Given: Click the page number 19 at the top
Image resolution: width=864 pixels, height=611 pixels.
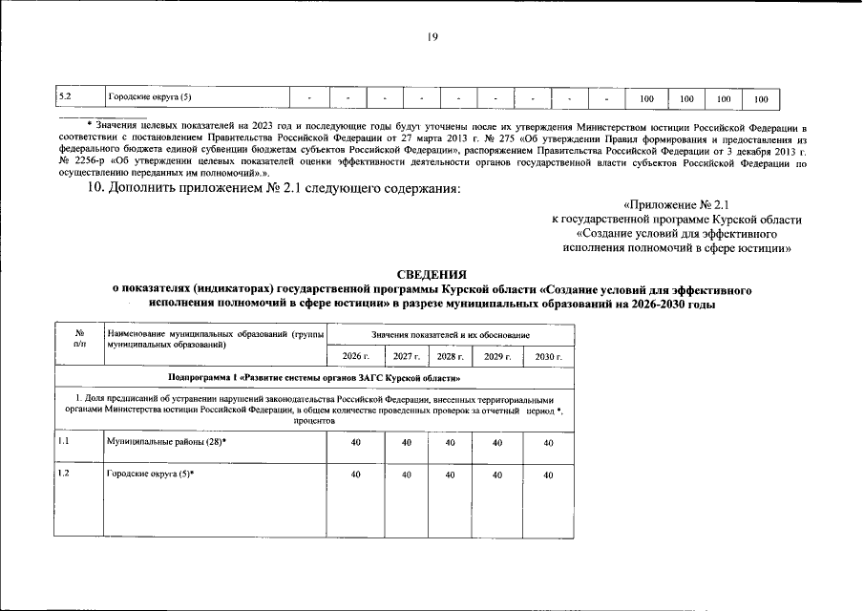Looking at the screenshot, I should point(432,37).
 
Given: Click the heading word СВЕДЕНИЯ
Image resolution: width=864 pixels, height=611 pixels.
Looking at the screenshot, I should point(432,273).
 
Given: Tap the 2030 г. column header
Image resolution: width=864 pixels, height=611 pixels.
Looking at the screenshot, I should point(548,356).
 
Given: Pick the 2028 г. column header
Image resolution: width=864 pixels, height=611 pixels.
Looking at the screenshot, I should point(451,356).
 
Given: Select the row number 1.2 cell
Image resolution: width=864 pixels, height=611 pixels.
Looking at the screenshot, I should point(65,474).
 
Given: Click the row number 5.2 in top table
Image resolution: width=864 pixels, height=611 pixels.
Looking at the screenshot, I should point(65,97).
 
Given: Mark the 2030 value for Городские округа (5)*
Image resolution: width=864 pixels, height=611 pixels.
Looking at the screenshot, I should point(548,474).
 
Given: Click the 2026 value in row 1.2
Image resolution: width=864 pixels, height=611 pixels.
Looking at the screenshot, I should point(356,474).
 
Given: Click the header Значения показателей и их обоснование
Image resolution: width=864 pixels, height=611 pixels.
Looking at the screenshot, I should point(452,335).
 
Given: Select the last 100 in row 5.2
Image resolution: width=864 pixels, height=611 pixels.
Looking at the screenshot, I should point(761,98).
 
